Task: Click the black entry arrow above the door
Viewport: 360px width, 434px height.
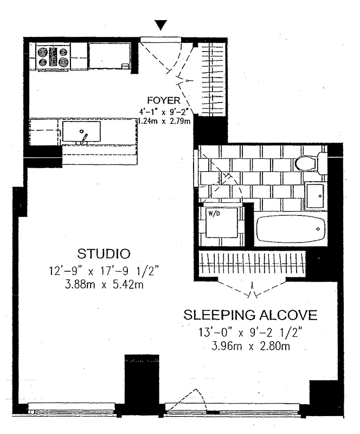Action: click(x=160, y=25)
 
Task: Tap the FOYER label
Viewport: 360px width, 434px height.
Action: click(x=162, y=100)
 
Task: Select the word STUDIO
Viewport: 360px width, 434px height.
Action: click(x=104, y=253)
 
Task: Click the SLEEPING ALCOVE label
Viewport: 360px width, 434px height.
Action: click(x=250, y=315)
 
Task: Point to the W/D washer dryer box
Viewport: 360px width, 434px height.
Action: click(x=220, y=222)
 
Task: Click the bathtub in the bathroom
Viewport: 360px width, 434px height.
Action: click(x=291, y=229)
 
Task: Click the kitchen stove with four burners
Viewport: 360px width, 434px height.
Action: click(x=53, y=56)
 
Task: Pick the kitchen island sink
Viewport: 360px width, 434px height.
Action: click(x=81, y=132)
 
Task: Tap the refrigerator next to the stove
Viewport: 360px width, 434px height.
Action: click(x=111, y=56)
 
